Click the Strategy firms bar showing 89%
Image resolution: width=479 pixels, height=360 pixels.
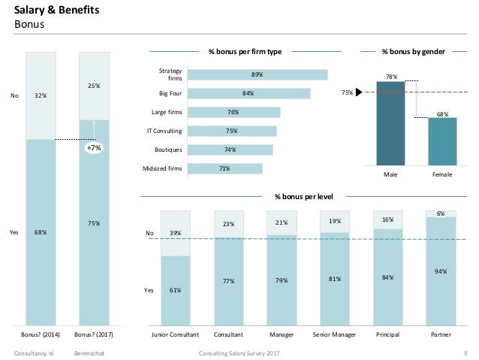pyautogui.click(x=258, y=74)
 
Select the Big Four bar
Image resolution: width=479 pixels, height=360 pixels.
pyautogui.click(x=249, y=93)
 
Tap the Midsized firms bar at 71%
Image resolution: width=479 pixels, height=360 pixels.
pyautogui.click(x=224, y=168)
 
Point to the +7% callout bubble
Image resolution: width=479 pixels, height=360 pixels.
pyautogui.click(x=94, y=149)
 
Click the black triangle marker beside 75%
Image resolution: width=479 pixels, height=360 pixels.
pyautogui.click(x=360, y=92)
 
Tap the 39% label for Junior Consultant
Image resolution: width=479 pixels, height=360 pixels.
pyautogui.click(x=175, y=234)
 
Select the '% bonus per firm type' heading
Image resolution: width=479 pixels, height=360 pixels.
pyautogui.click(x=245, y=52)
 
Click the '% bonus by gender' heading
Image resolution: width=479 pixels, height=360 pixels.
pyautogui.click(x=413, y=52)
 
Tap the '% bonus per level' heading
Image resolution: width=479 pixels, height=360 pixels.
pyautogui.click(x=303, y=196)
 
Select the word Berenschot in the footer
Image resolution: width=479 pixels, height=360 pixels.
pyautogui.click(x=89, y=352)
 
